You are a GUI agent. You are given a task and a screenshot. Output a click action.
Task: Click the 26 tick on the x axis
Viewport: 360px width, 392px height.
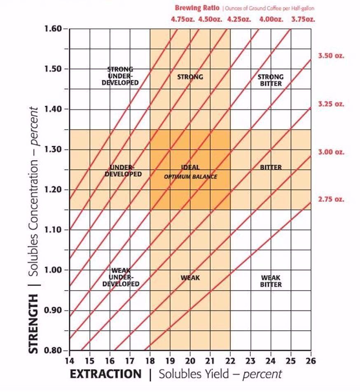pos(311,361)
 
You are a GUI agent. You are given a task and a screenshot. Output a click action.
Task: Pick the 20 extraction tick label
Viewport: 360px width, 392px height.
pos(190,361)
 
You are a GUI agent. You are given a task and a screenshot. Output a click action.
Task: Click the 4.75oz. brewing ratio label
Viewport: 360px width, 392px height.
pos(183,19)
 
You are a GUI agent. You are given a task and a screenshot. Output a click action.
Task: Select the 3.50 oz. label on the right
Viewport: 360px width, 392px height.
pos(331,56)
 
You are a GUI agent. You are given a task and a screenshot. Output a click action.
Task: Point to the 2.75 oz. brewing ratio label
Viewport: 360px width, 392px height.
pos(331,200)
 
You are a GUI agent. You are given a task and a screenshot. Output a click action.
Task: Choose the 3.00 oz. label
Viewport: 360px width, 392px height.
pos(331,152)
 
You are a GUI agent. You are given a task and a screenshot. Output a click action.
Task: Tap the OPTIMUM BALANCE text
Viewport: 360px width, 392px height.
pos(190,177)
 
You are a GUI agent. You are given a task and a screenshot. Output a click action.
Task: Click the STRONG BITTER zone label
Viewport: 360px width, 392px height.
pos(271,80)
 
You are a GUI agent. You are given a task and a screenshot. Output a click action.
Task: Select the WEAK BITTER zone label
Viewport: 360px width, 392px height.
pos(271,281)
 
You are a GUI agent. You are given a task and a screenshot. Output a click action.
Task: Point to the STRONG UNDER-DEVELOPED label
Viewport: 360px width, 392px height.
pos(121,76)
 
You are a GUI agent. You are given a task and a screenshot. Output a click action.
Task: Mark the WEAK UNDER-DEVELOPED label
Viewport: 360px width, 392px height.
pos(121,277)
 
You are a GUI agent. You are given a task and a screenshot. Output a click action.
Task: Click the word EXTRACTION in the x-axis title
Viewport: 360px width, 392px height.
pos(106,374)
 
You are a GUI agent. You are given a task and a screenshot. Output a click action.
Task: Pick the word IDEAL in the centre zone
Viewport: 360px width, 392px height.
pos(190,168)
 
